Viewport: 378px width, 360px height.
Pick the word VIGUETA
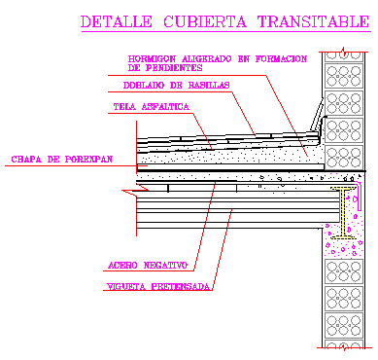point(124,286)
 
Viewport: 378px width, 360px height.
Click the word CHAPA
point(25,158)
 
